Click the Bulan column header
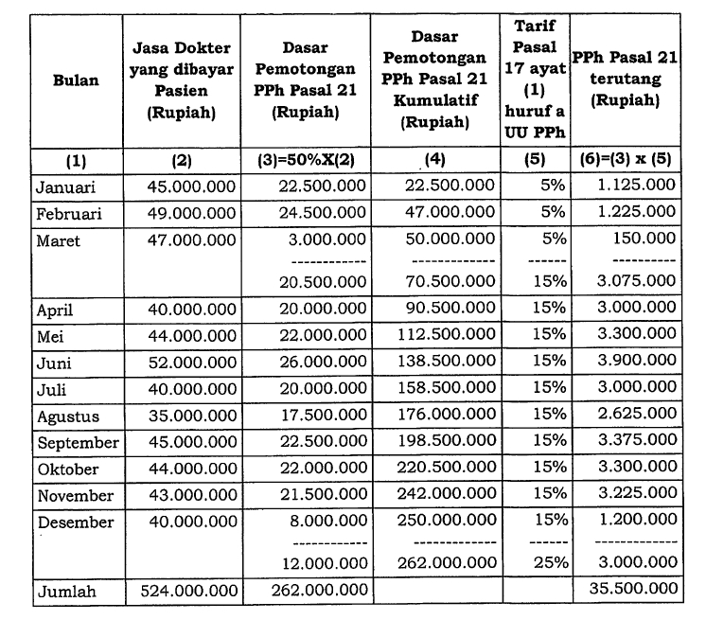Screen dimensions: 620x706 coord(75,80)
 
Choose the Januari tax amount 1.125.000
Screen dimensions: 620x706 coord(637,186)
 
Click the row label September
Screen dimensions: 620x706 coord(77,443)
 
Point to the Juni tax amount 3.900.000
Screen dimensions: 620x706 coord(637,363)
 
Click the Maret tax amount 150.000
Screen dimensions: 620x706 coord(648,240)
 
